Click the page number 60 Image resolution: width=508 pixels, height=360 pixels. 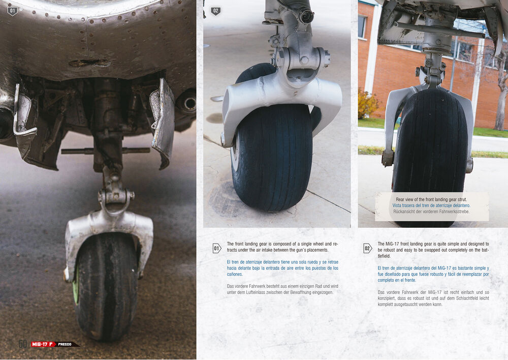22,344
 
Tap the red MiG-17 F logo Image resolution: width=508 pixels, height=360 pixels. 43,344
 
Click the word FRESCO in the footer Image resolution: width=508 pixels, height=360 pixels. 65,344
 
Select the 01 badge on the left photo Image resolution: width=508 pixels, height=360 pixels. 12,11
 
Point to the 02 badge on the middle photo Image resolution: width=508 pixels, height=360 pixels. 216,11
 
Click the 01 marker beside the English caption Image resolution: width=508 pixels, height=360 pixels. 217,249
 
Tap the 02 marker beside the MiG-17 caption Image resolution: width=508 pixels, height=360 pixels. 367,249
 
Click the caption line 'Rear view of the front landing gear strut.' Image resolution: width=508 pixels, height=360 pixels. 431,199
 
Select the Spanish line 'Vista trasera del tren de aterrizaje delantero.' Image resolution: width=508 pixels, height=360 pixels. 431,205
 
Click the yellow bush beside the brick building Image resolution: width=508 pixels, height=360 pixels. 368,104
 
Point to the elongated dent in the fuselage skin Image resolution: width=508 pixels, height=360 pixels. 89,63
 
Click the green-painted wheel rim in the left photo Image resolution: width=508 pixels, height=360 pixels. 76,285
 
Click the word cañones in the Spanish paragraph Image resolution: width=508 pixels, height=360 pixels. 235,275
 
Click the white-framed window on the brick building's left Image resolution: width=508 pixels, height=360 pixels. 363,26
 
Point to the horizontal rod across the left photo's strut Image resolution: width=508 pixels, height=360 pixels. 105,151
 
